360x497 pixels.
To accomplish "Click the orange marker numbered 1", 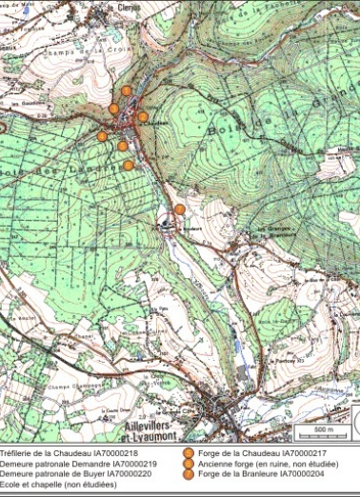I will [x=126, y=91].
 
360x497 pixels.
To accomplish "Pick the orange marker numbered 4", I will [x=102, y=136].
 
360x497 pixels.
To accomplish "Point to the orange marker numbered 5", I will [x=122, y=146].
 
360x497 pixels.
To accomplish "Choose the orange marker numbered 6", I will [x=129, y=165].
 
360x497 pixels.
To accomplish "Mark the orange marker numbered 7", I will [x=179, y=209].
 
